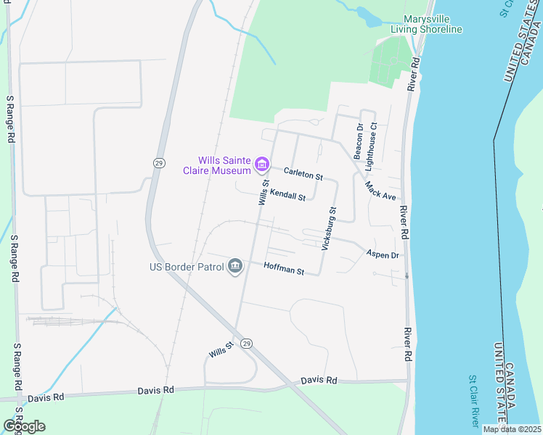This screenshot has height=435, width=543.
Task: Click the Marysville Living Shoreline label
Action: coord(426,24)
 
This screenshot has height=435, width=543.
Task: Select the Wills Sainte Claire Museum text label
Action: coord(225,165)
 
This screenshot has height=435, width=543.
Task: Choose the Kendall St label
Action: coord(287,194)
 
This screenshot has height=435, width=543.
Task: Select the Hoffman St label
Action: coord(283,269)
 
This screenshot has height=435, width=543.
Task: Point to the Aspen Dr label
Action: coord(383,255)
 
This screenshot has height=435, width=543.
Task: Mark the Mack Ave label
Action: coord(380,191)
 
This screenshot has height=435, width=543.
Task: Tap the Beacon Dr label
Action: coord(358,141)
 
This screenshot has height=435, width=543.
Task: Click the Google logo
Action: coord(24,426)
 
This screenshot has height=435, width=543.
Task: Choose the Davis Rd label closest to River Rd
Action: coord(319,380)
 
